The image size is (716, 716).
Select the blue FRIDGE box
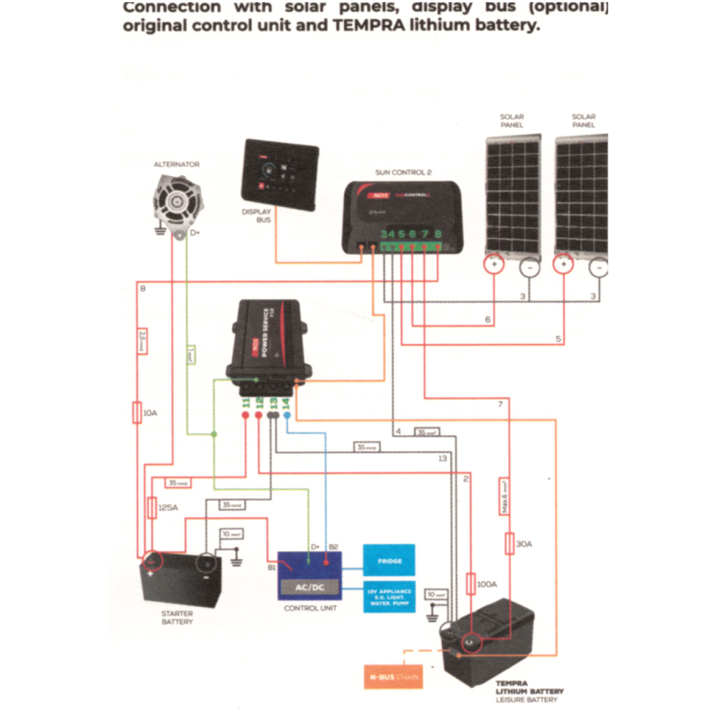pyautogui.click(x=389, y=560)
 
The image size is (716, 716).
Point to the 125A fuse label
pyautogui.click(x=168, y=508)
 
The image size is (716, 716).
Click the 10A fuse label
pyautogui.click(x=150, y=413)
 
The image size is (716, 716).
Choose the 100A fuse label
pyautogui.click(x=486, y=583)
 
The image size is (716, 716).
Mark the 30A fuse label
pyautogui.click(x=524, y=543)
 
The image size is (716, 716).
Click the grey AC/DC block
pyautogui.click(x=310, y=587)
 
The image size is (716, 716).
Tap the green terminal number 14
pyautogui.click(x=287, y=403)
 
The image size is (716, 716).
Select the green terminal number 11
pyautogui.click(x=245, y=403)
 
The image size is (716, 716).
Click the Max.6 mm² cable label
pyautogui.click(x=503, y=496)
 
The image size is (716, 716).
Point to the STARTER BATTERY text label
pyautogui.click(x=177, y=617)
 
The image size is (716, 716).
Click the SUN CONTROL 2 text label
pyautogui.click(x=403, y=171)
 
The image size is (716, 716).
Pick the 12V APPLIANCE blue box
pyautogui.click(x=389, y=596)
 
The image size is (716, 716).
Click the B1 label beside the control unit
pyautogui.click(x=271, y=568)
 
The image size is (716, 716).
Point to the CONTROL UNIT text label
pyautogui.click(x=310, y=608)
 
